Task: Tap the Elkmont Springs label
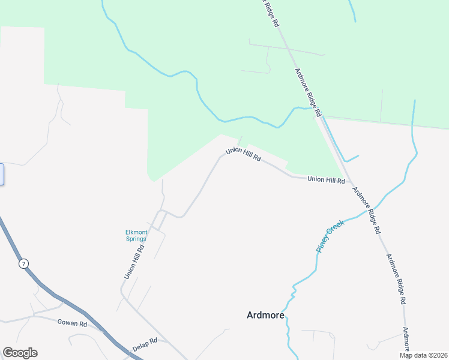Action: pos(136,235)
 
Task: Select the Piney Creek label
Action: pos(330,236)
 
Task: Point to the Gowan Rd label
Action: pos(72,323)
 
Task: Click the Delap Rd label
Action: pos(145,344)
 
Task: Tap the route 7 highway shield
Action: pos(23,264)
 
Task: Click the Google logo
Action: pos(20,353)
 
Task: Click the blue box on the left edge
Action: pos(2,174)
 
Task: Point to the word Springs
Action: pos(136,239)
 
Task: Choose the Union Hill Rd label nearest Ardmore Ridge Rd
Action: pos(326,179)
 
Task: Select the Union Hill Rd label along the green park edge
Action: pos(243,155)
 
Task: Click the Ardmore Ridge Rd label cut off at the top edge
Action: pos(271,12)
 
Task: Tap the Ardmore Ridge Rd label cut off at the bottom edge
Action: pos(406,339)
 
